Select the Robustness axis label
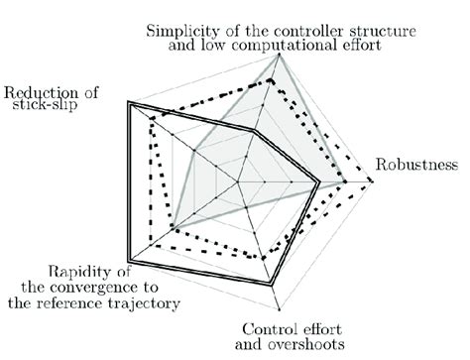click(x=416, y=164)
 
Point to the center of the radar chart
click(x=241, y=183)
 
